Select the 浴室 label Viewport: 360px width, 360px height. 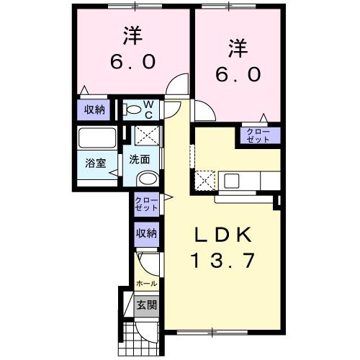(96, 162)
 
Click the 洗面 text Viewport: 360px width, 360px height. (140, 160)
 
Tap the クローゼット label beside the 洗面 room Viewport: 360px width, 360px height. (145, 203)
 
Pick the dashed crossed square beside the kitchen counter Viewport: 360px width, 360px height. (206, 179)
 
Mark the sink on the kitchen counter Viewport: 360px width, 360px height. (235, 179)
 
